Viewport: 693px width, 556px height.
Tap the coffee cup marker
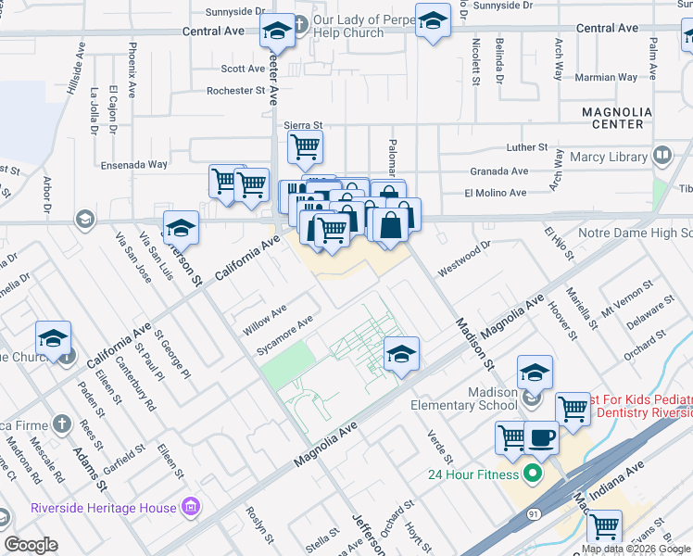[541, 436]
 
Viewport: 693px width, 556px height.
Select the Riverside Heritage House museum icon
[192, 507]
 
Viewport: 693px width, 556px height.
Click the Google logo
[31, 545]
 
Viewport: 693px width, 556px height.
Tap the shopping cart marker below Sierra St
[305, 146]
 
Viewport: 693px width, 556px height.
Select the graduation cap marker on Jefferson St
[182, 228]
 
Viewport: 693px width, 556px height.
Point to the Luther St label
[528, 147]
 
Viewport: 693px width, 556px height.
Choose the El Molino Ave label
[496, 193]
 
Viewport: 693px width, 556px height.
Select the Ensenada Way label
[137, 164]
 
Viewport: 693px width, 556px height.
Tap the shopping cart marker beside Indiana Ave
[605, 526]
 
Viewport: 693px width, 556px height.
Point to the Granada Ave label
[498, 171]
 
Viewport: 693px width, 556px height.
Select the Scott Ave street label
[244, 69]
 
